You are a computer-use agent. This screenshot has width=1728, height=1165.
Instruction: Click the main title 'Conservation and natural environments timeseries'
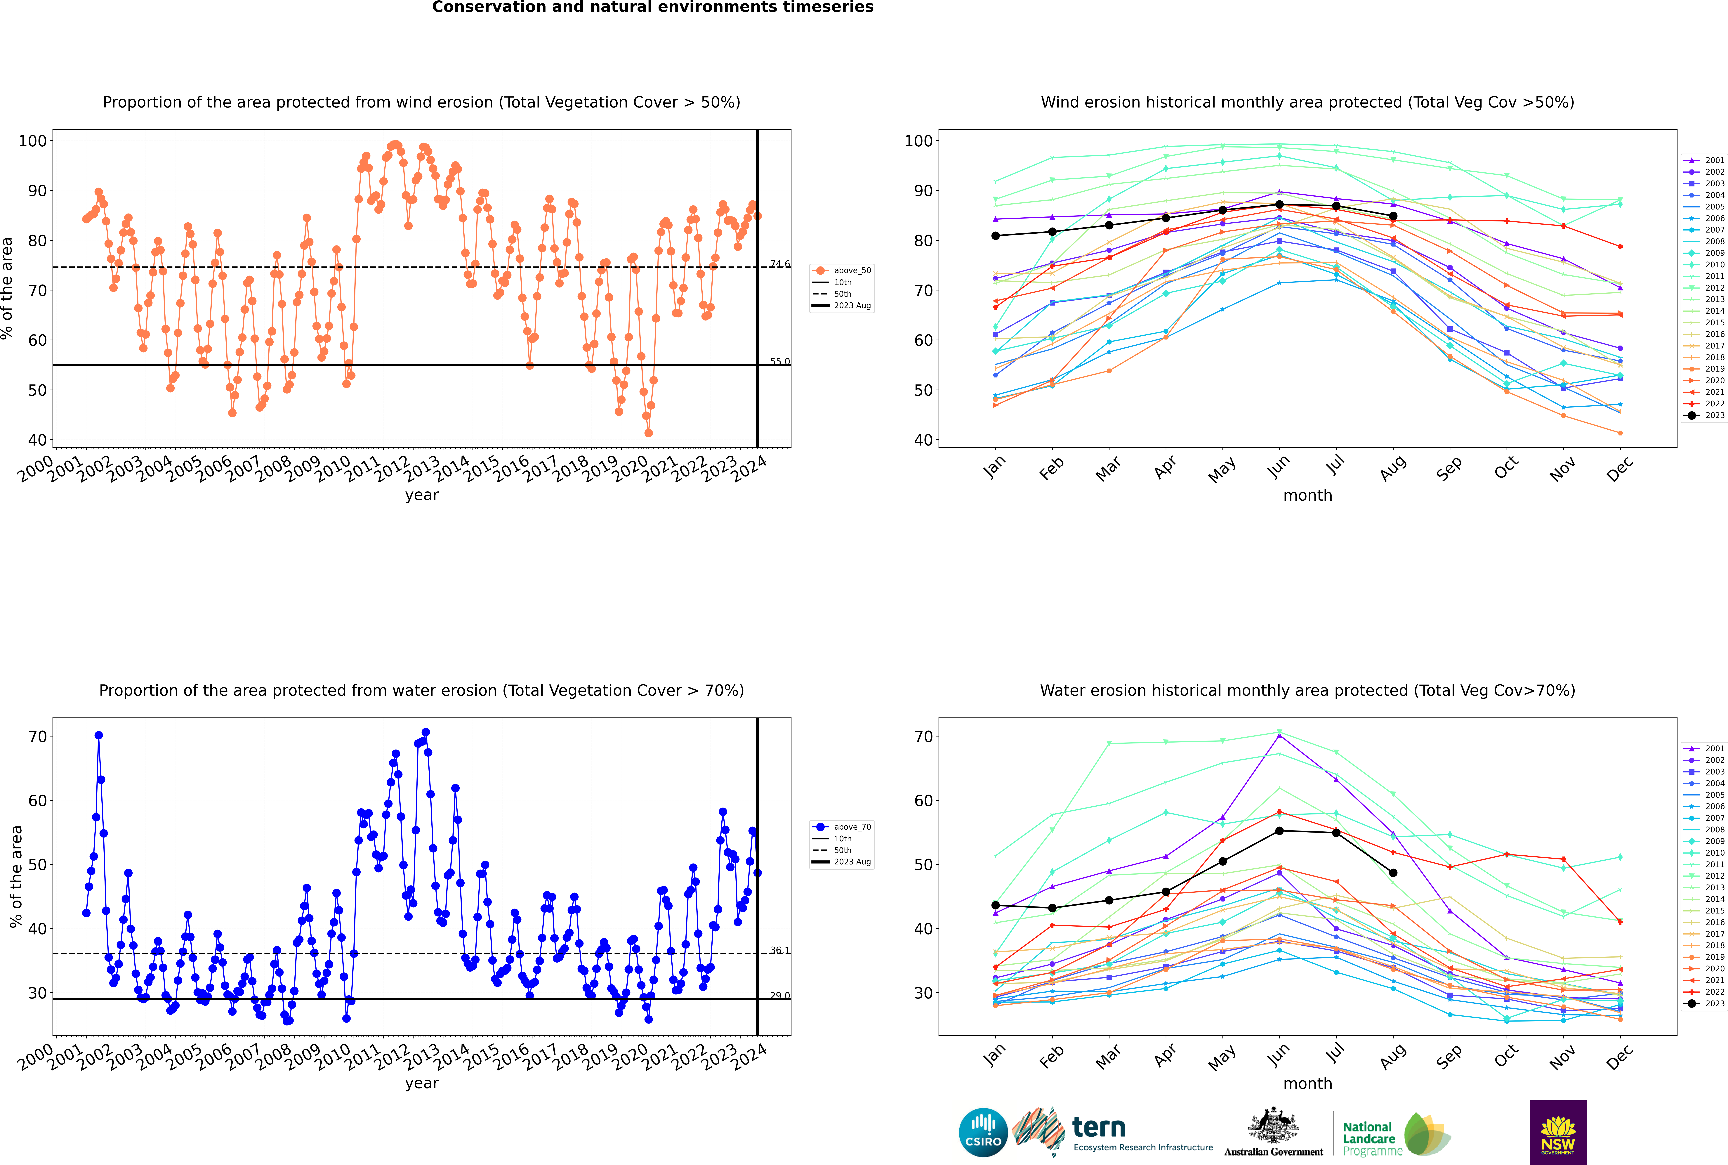pyautogui.click(x=652, y=7)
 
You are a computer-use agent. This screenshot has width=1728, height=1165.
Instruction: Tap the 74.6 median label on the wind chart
pyautogui.click(x=779, y=264)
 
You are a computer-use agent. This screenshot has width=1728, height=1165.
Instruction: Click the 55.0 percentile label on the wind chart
pyautogui.click(x=779, y=362)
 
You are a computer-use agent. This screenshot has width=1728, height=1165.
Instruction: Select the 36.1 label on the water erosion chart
pyautogui.click(x=779, y=950)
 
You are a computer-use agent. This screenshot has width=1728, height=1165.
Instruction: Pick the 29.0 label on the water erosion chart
pyautogui.click(x=779, y=996)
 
